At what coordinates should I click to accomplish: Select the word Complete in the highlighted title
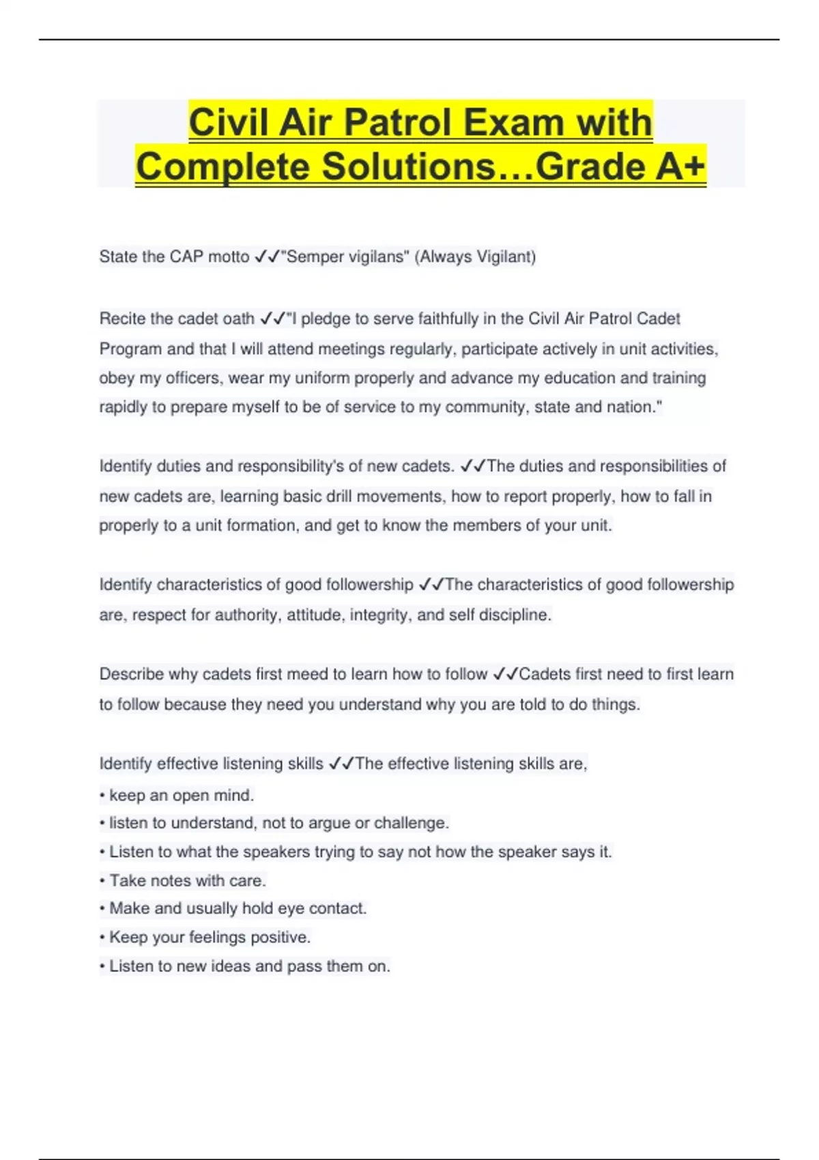(222, 166)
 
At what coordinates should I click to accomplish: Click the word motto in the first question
(229, 257)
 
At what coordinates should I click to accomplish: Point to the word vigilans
(378, 257)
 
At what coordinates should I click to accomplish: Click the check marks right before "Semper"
(267, 257)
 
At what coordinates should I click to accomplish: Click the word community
(485, 407)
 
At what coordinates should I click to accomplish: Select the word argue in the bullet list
(330, 824)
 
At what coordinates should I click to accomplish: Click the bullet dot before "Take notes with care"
(102, 881)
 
